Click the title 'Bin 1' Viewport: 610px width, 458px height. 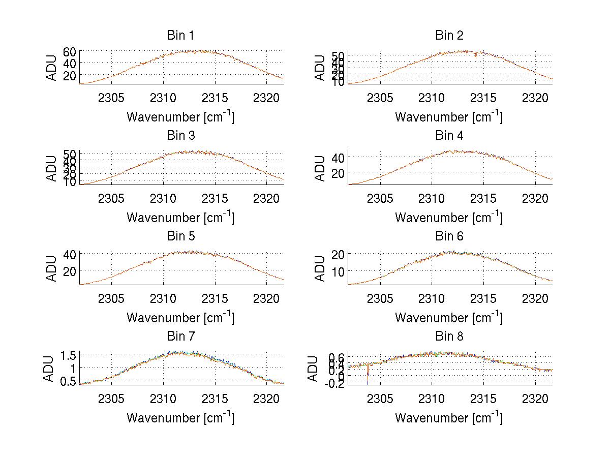click(x=180, y=36)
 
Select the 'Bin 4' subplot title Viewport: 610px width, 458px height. click(x=449, y=136)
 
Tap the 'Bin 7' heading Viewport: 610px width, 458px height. click(x=180, y=337)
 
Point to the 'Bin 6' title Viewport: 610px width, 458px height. click(x=449, y=236)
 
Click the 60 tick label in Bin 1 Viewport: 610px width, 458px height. click(x=70, y=51)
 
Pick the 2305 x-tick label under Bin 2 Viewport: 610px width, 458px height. click(x=380, y=98)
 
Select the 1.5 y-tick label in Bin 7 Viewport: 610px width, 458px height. click(x=67, y=354)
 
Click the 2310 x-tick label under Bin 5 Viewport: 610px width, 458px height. click(x=163, y=298)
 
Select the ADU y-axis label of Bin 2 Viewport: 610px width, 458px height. click(x=320, y=68)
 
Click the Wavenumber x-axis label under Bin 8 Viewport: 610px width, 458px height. click(x=449, y=418)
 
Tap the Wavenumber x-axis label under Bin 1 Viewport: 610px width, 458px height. click(x=180, y=117)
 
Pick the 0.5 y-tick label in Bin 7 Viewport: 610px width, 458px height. click(x=67, y=381)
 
